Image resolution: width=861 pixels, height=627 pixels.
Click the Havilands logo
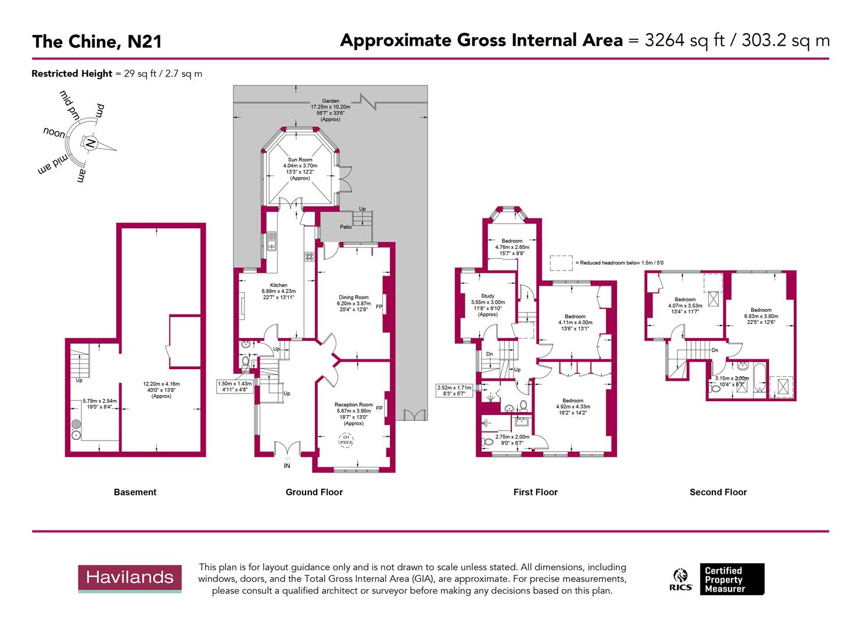click(x=130, y=578)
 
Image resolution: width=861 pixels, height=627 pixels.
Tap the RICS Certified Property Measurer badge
click(x=718, y=579)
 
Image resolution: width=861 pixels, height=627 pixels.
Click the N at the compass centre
click(x=89, y=143)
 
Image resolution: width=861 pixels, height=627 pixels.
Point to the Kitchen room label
click(x=278, y=286)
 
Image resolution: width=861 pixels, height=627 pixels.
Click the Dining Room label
click(x=353, y=297)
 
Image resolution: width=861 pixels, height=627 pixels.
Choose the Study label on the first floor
click(x=487, y=296)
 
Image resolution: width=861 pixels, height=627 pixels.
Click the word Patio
click(x=346, y=227)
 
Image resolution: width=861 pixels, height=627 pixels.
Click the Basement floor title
click(x=135, y=492)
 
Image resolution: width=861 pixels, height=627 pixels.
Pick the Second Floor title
click(x=717, y=492)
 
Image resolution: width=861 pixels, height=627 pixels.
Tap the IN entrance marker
click(x=287, y=466)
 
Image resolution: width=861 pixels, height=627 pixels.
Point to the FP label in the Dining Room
click(x=379, y=307)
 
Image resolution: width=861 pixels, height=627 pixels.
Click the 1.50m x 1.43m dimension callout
click(x=234, y=384)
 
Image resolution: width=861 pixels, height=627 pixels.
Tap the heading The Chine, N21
click(x=96, y=42)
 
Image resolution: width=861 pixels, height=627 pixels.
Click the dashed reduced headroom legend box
click(x=561, y=263)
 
